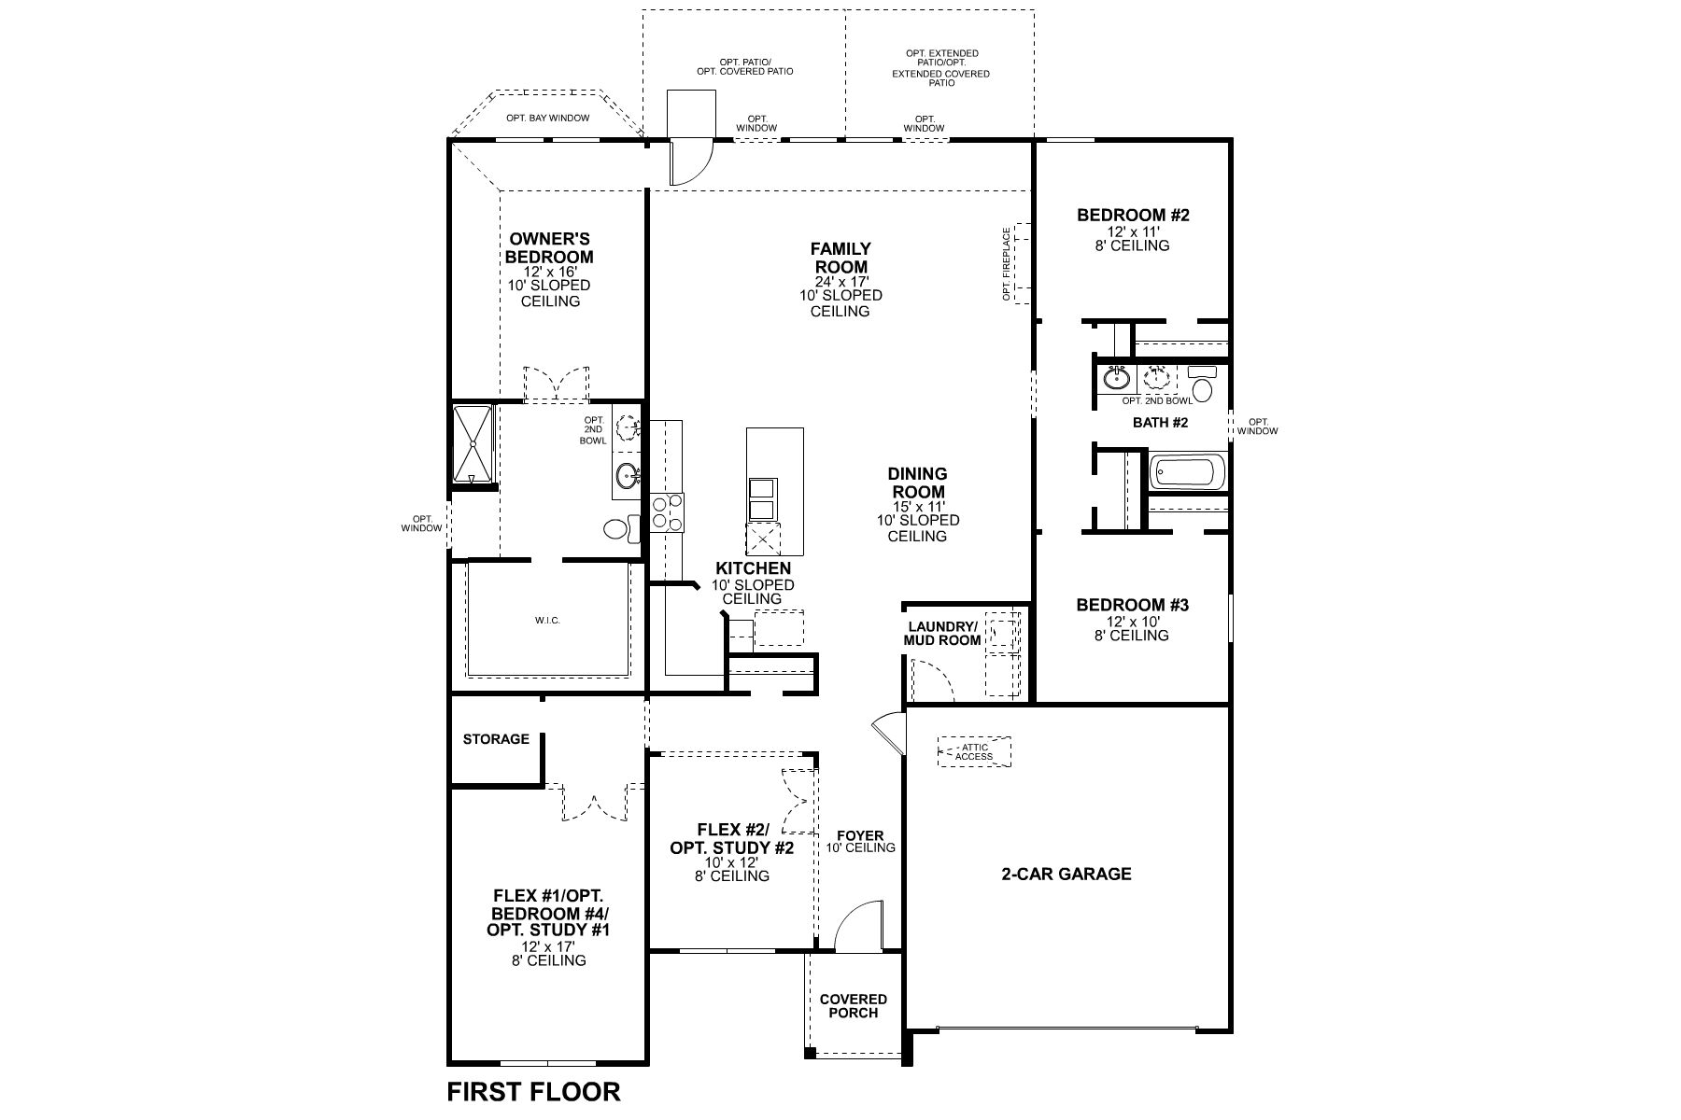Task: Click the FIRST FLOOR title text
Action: click(533, 1091)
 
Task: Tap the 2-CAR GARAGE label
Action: click(1066, 875)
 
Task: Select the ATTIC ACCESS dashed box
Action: click(974, 751)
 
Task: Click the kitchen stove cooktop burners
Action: click(667, 512)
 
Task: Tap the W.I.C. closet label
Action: click(547, 621)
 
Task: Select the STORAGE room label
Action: click(496, 739)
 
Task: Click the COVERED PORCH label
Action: click(854, 1006)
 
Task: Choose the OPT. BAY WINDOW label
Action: click(547, 118)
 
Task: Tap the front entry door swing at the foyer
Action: click(857, 927)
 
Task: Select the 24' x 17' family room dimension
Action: click(840, 281)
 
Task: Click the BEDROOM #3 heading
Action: click(1132, 605)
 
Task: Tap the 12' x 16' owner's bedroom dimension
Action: click(550, 271)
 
